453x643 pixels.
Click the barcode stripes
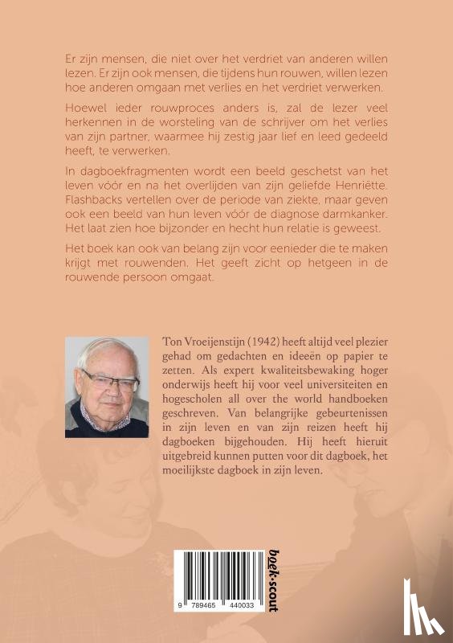(x=220, y=580)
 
